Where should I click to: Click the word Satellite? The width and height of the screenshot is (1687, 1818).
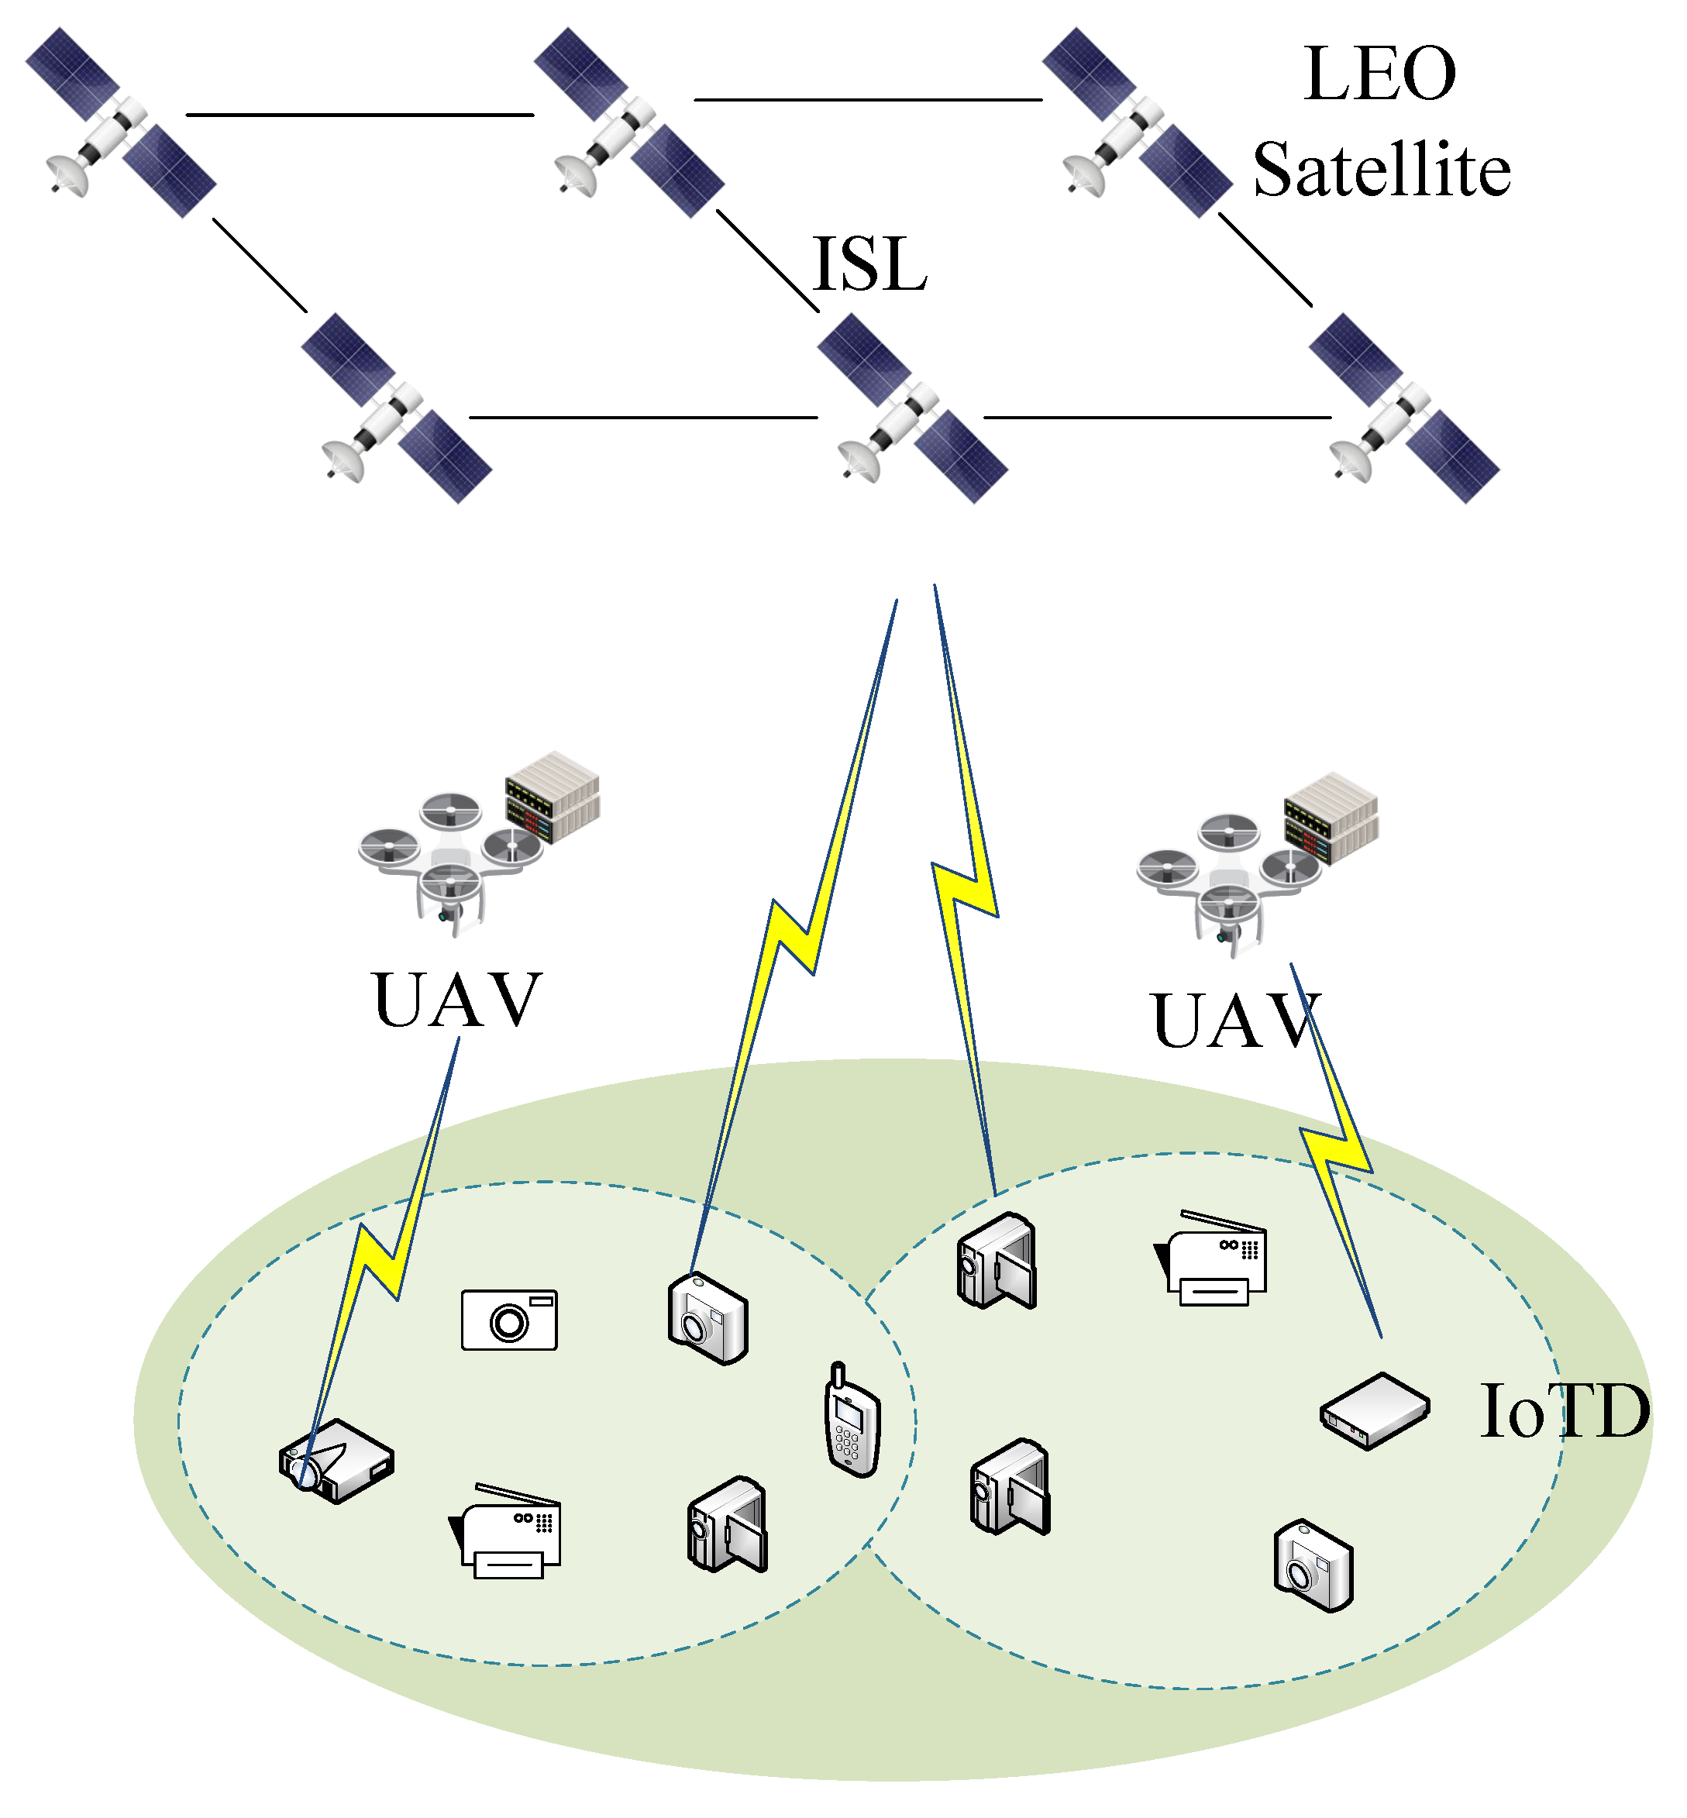tap(1381, 170)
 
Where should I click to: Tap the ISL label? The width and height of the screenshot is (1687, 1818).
tap(869, 264)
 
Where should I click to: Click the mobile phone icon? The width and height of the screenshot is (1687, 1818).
tap(852, 1420)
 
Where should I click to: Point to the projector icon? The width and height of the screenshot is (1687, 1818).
tap(336, 1460)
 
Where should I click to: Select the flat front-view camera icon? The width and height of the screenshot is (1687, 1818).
tap(508, 1320)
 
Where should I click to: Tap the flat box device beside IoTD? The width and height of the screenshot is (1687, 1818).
tap(1374, 1410)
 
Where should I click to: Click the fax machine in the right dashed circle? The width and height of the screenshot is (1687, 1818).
tap(1212, 1261)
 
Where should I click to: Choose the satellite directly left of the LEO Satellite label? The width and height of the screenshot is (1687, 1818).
tap(1137, 123)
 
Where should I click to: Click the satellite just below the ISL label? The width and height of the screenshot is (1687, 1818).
tap(913, 408)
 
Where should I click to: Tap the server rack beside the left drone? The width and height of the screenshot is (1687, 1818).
tap(553, 796)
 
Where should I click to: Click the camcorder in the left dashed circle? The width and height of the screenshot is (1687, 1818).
tap(727, 1524)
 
